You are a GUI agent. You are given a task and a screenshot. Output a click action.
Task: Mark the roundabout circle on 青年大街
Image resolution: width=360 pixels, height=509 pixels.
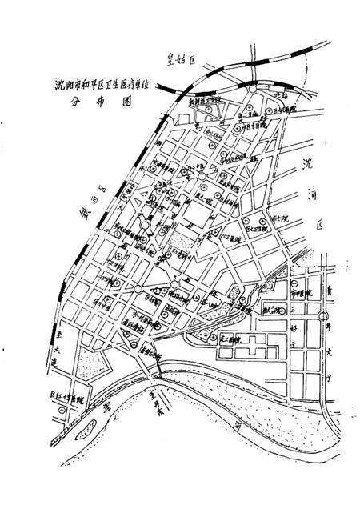click(322, 317)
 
